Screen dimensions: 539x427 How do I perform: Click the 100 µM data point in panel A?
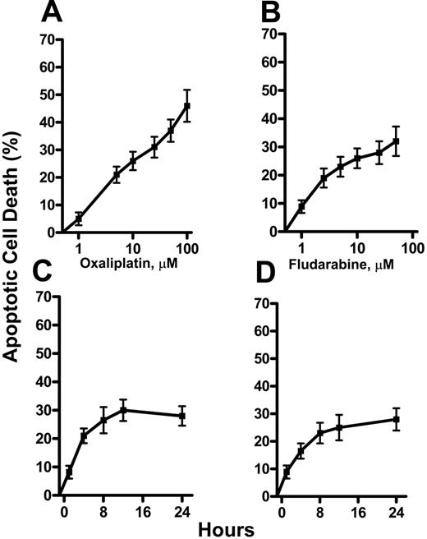(187, 105)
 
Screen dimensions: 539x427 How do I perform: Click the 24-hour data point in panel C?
(182, 417)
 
